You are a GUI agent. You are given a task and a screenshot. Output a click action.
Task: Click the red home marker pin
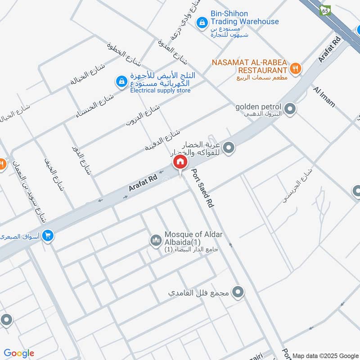tap(180, 162)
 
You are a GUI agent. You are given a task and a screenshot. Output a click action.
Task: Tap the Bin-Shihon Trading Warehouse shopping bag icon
tap(202, 21)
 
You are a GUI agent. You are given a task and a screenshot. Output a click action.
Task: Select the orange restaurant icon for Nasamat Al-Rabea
tap(296, 68)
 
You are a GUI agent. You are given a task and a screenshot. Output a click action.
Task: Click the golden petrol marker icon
tap(290, 108)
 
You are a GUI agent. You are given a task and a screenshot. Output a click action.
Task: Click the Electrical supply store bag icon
tap(121, 81)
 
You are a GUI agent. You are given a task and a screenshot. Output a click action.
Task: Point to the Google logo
tap(19, 353)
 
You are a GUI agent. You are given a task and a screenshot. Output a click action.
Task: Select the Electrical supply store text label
tap(160, 90)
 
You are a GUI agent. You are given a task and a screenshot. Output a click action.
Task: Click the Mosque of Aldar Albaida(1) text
tap(193, 238)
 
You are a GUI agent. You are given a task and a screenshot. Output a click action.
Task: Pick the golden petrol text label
tap(258, 107)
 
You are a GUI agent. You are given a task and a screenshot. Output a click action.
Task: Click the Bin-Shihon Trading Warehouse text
tap(245, 18)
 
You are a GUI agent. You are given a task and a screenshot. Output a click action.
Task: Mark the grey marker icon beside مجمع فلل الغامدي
tap(239, 292)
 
